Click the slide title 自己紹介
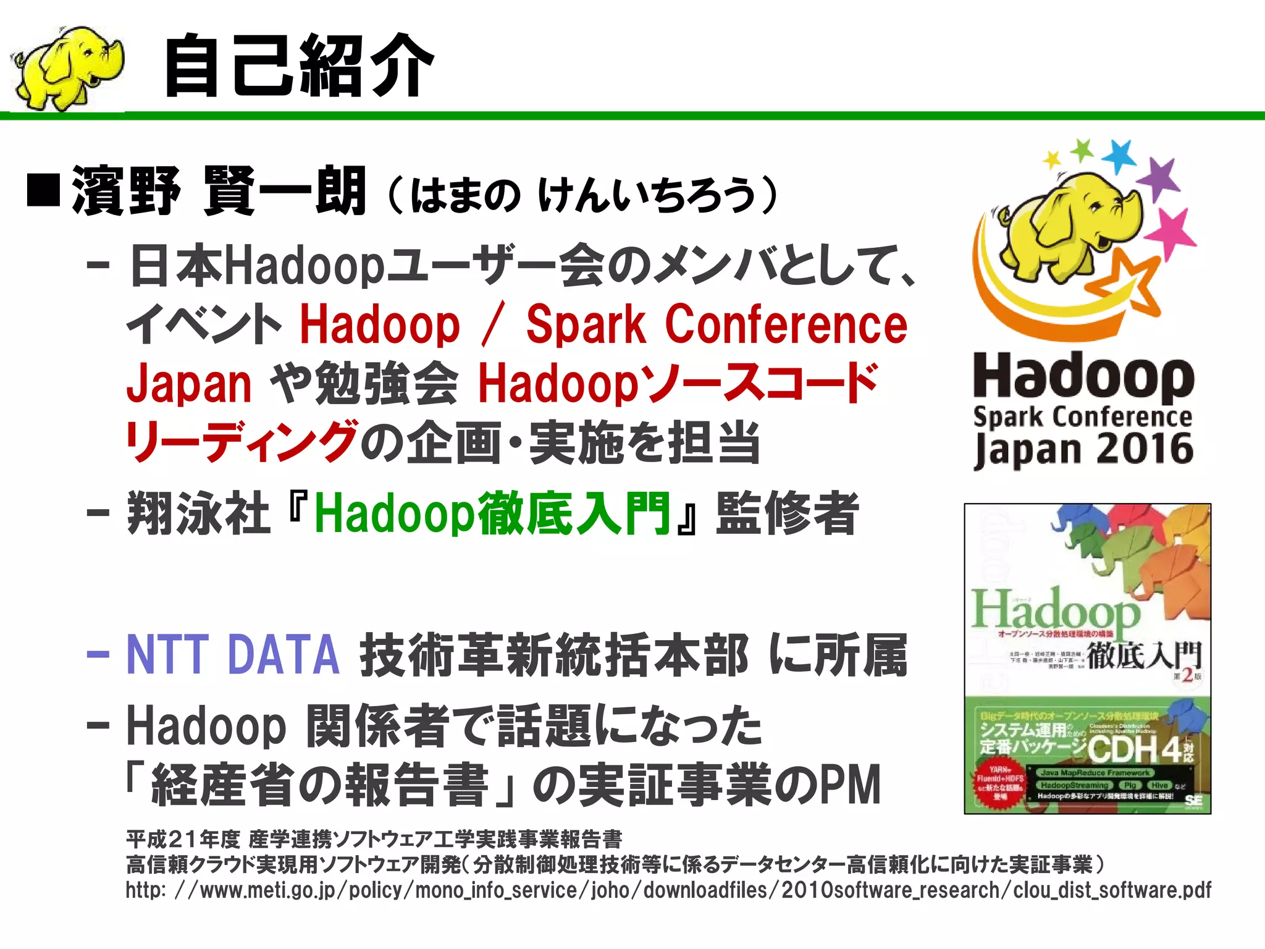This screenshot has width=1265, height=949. tap(299, 66)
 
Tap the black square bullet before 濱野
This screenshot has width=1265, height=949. tap(43, 191)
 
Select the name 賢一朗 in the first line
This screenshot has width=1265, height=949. tap(284, 191)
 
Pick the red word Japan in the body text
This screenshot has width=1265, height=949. tap(188, 384)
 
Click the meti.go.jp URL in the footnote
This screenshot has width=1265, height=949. tap(668, 890)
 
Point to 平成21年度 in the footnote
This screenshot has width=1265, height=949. tap(183, 839)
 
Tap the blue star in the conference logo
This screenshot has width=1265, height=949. tap(1119, 156)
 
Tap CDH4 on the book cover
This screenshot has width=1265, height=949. tap(1133, 749)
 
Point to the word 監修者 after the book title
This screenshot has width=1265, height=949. tap(787, 513)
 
